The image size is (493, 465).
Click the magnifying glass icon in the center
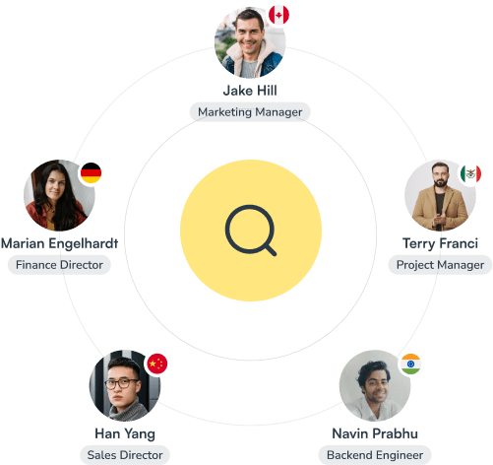250,230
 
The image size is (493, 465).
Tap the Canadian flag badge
278,15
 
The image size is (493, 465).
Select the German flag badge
91,172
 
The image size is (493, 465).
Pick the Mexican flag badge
470,173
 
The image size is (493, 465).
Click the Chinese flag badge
157,364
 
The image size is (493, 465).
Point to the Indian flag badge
410,364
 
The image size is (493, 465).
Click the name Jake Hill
250,91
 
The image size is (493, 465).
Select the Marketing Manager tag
250,112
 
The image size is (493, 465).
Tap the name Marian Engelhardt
59,243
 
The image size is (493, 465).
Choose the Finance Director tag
59,265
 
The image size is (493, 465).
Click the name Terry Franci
440,243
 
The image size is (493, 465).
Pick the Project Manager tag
440,265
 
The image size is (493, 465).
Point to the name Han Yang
125,433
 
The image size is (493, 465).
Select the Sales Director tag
125,455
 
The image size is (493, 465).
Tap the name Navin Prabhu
375,433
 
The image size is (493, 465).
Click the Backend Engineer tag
375,455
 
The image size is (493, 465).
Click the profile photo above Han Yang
125,386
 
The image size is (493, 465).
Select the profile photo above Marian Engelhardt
59,195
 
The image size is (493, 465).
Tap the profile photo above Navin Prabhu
375,386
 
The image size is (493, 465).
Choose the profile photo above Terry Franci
440,195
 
